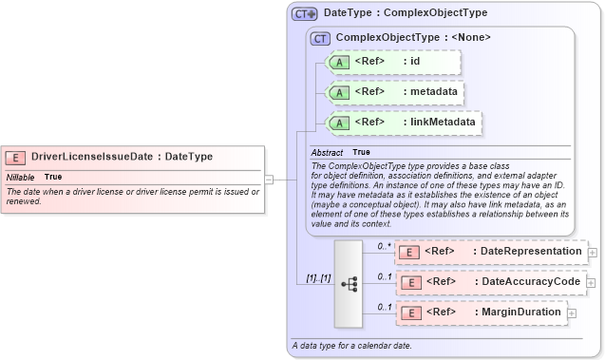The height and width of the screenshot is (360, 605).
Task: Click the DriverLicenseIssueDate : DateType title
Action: coord(122,157)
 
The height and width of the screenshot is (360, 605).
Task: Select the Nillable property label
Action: coord(20,177)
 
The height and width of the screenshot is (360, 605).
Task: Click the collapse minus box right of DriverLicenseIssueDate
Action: coord(269,178)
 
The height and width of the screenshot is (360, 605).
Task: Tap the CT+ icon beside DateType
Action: coord(304,13)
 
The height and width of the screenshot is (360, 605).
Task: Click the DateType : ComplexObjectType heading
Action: coord(406,13)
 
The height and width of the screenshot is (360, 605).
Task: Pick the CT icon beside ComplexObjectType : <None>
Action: coord(320,38)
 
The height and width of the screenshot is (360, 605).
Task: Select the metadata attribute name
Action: coord(430,92)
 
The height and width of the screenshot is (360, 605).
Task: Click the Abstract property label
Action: coord(328,152)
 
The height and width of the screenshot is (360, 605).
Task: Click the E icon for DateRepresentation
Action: coord(408,252)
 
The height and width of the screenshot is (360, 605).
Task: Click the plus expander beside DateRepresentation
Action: coord(593,252)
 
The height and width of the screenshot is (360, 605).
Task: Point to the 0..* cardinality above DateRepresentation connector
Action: coord(384,246)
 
